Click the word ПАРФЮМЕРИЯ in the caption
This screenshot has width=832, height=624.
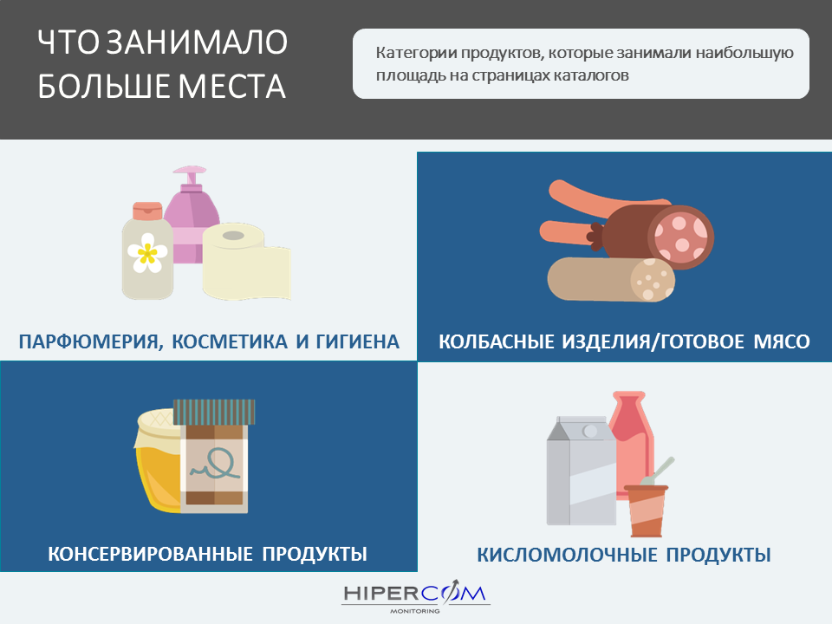[x=89, y=341]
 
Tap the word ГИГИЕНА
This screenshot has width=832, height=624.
[x=358, y=341]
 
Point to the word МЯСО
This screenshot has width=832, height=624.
[x=782, y=341]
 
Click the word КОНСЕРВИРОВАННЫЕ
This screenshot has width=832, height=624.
[x=150, y=554]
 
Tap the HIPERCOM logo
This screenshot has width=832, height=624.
[x=415, y=596]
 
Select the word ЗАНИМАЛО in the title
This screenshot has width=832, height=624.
[x=197, y=42]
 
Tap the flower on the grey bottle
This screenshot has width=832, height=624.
[x=147, y=252]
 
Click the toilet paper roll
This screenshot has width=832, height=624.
[x=246, y=262]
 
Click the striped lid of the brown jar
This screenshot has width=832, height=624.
[x=214, y=412]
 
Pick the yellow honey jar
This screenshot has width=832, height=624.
[x=158, y=460]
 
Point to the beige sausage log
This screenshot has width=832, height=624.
[x=611, y=280]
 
